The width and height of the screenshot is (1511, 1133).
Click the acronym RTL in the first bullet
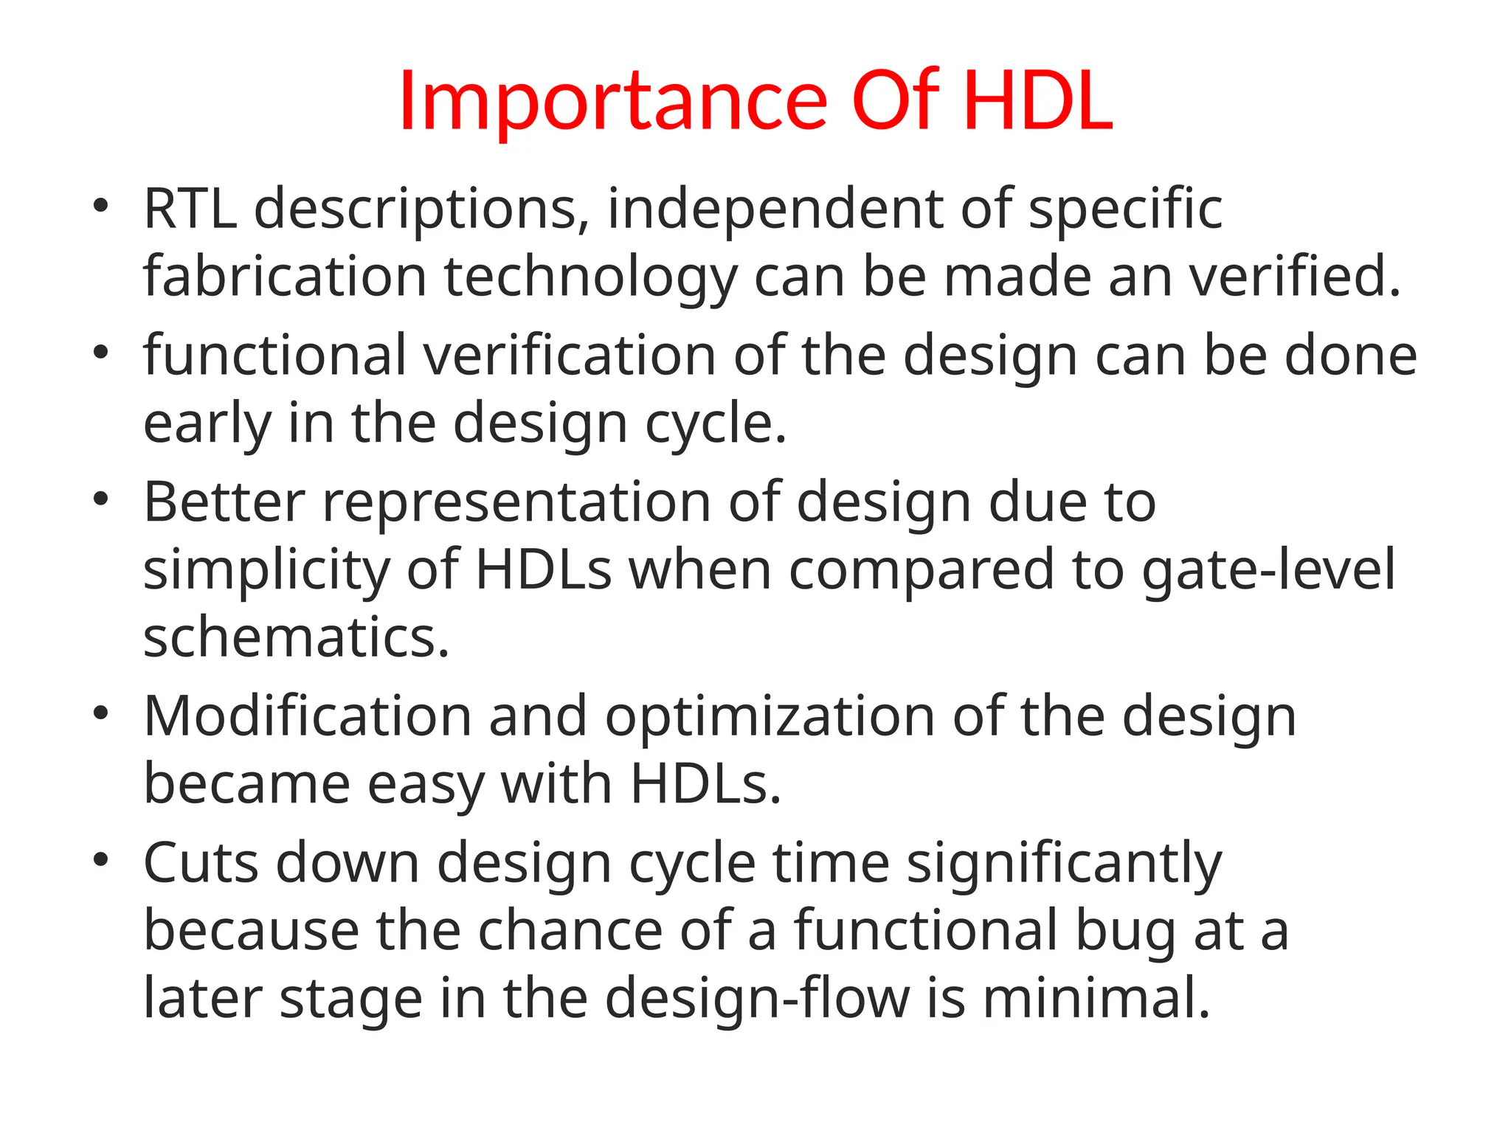pyautogui.click(x=190, y=209)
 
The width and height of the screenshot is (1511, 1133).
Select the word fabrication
pyautogui.click(x=285, y=277)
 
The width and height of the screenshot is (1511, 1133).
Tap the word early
pyautogui.click(x=207, y=425)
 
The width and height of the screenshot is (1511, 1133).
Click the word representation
pyautogui.click(x=516, y=502)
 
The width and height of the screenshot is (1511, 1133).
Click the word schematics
pyautogui.click(x=295, y=638)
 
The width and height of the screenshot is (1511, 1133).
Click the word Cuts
pyautogui.click(x=200, y=863)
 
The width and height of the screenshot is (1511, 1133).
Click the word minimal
pyautogui.click(x=1096, y=999)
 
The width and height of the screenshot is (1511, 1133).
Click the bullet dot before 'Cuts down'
pyautogui.click(x=101, y=859)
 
